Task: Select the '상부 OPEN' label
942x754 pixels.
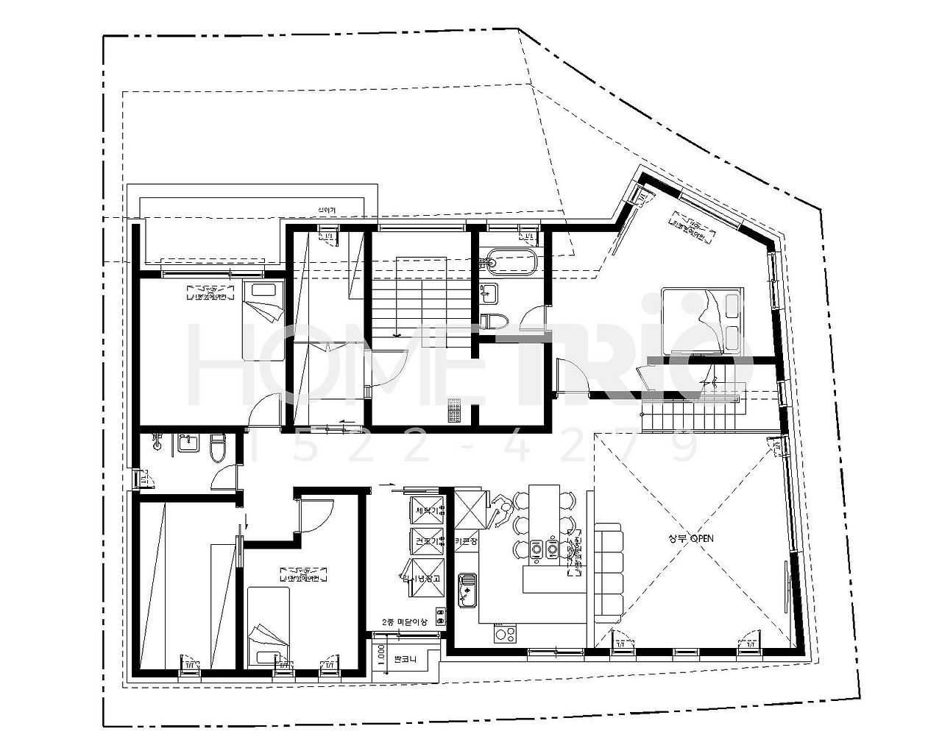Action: click(690, 538)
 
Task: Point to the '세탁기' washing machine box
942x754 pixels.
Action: click(427, 510)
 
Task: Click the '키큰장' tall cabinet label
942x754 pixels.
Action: click(467, 541)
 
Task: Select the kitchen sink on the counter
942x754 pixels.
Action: click(467, 590)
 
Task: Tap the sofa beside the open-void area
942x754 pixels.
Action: click(607, 571)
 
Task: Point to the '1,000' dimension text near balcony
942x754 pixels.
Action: click(380, 653)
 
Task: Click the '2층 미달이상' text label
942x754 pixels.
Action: click(405, 621)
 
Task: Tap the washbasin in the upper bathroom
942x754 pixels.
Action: click(489, 292)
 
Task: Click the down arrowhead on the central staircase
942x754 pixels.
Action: click(397, 334)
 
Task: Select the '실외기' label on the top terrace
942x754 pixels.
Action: click(325, 211)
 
